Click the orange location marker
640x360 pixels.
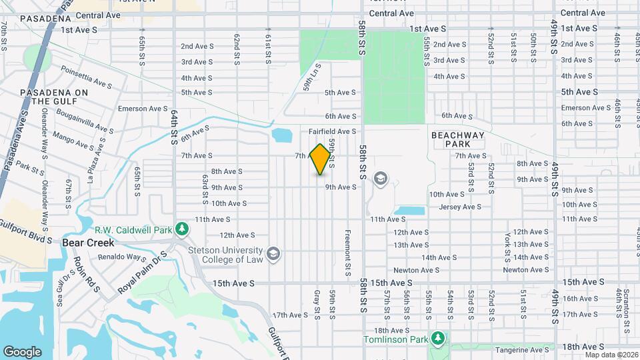click(320, 159)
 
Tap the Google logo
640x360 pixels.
click(23, 351)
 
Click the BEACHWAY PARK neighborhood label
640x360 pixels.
click(459, 139)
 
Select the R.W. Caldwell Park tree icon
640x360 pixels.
click(181, 229)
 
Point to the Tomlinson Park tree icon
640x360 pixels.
click(437, 339)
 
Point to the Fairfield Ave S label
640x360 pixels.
click(333, 132)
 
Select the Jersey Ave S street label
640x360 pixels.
click(460, 207)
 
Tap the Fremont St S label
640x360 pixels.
click(347, 253)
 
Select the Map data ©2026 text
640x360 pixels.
click(611, 355)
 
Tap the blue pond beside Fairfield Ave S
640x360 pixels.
click(283, 137)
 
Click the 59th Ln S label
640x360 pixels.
click(313, 77)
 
